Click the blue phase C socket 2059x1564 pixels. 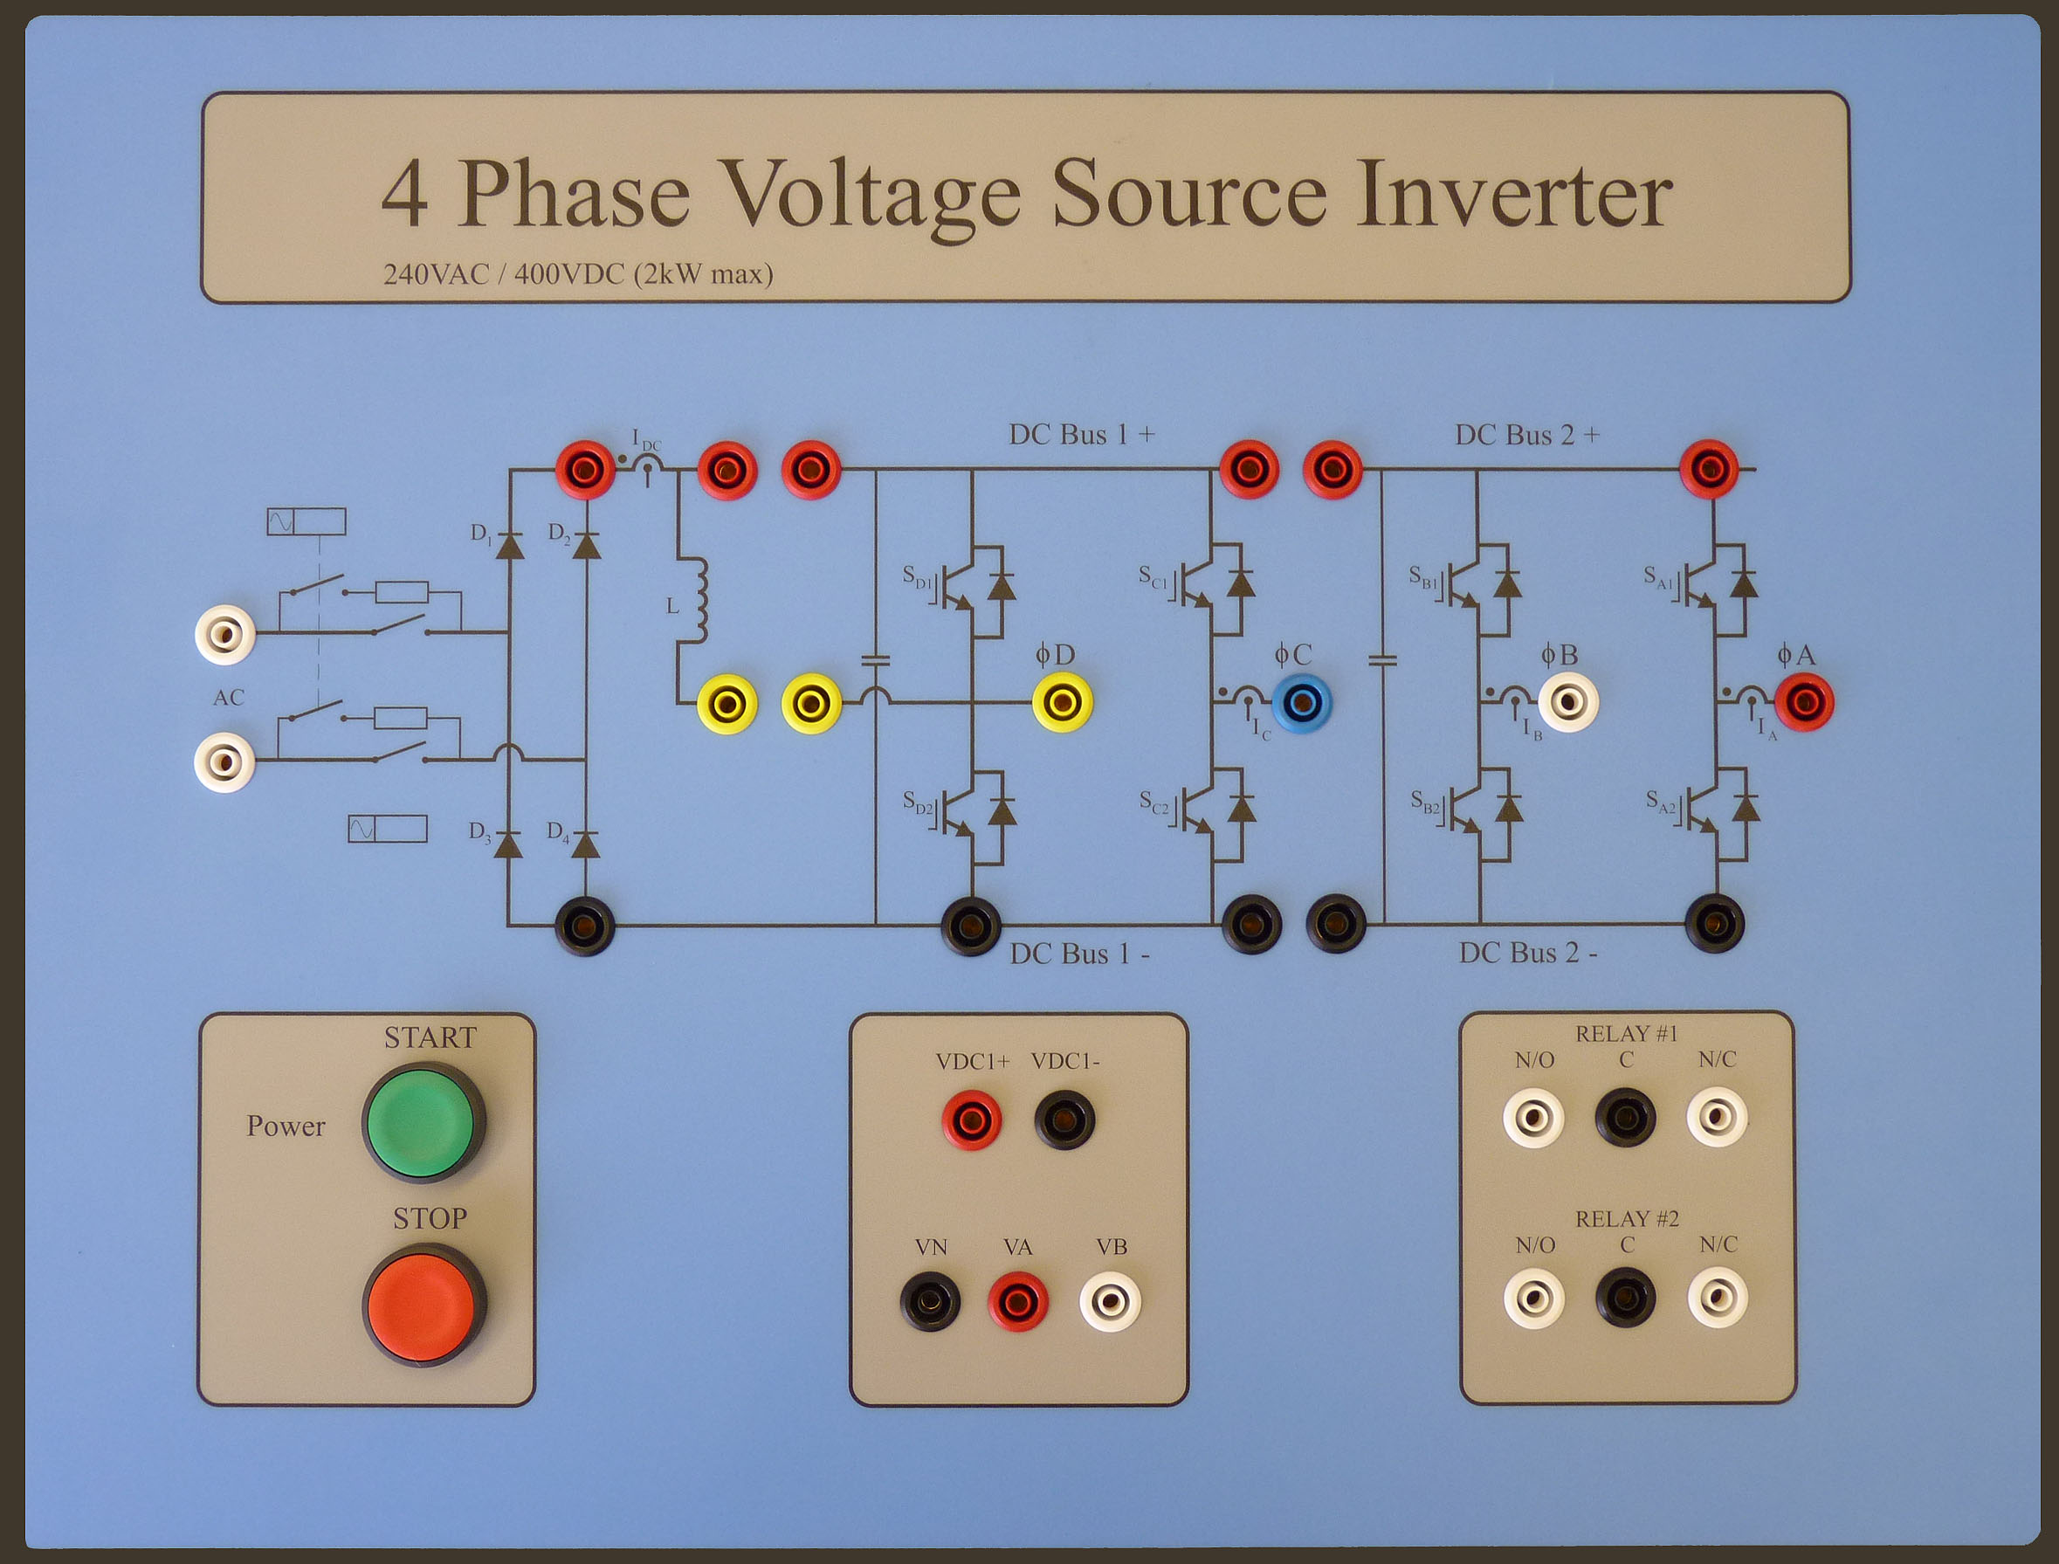1301,703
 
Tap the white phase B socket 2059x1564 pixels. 1568,703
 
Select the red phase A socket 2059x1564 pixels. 1804,703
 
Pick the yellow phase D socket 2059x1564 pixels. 1062,703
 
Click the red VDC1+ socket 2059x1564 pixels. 972,1120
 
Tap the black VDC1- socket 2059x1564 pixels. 1064,1120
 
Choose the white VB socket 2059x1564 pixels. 1110,1301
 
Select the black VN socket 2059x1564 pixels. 930,1301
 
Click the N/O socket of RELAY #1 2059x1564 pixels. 1533,1117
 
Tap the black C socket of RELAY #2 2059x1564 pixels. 1625,1298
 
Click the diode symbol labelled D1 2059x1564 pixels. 509,545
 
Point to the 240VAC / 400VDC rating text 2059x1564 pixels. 578,274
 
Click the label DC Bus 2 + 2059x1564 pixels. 1526,435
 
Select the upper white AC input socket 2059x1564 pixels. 224,634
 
